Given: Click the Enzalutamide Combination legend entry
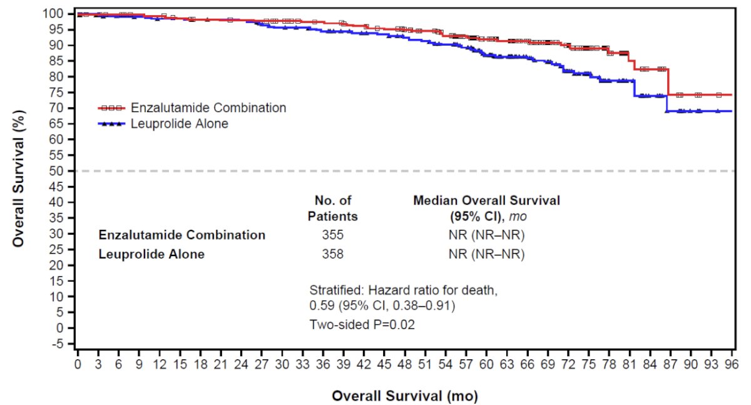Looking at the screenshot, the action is point(192,108).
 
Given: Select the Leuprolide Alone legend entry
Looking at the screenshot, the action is point(163,124).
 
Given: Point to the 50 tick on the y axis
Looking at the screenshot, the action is point(71,171).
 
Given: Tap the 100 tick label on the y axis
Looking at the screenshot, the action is point(53,14).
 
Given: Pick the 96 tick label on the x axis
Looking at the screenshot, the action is point(732,364).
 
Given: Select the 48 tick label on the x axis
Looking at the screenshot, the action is point(404,364).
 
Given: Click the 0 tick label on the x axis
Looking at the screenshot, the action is point(78,364).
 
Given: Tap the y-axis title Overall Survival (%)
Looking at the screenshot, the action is point(18,178).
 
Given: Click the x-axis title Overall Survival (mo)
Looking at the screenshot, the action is point(405,396).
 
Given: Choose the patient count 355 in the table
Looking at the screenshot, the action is point(332,235).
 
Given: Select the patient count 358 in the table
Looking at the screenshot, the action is point(332,254).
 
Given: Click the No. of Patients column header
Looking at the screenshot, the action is point(332,208).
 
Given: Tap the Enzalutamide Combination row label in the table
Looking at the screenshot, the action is point(181,235).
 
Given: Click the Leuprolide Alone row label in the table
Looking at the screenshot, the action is point(151,254).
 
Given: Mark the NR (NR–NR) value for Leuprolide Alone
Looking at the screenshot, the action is point(486,254).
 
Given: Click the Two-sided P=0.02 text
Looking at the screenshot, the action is point(362,324).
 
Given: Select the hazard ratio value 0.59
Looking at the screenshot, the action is point(322,305).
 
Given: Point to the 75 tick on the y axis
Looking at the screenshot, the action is point(71,93).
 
